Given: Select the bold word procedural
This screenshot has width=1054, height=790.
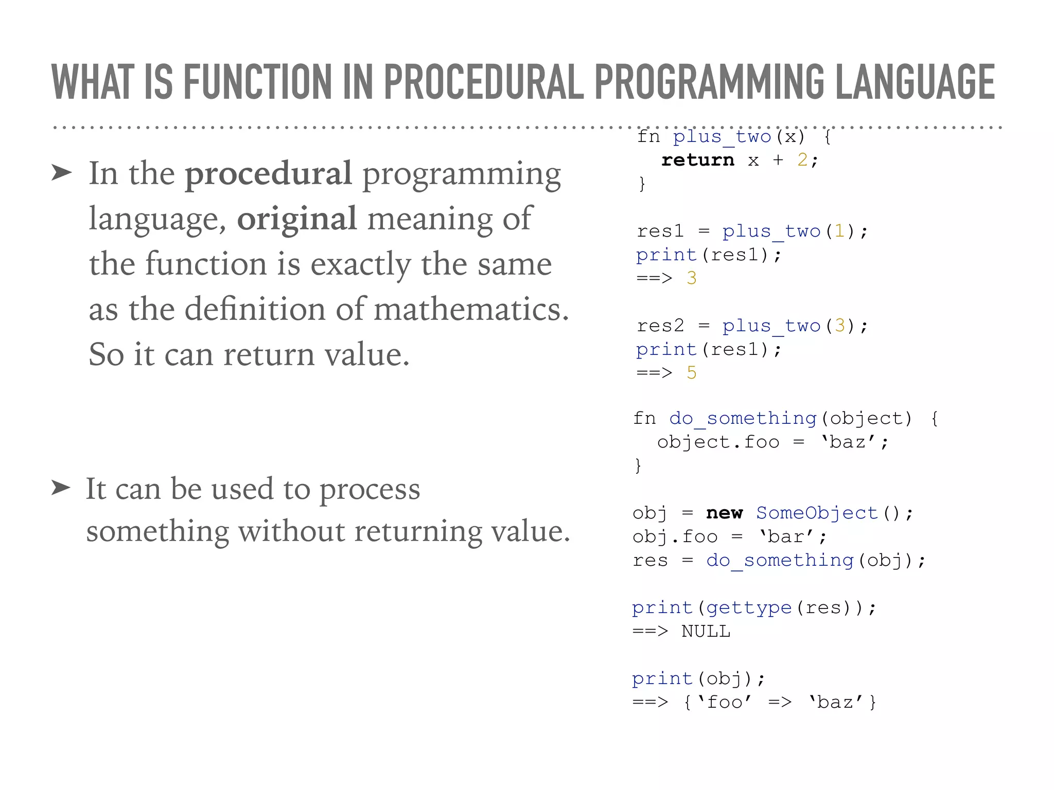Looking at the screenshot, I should pos(268,174).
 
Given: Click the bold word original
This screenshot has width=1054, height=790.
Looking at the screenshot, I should pos(296,219).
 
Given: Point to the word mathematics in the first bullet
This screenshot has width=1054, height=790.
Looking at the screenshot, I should pos(471,310).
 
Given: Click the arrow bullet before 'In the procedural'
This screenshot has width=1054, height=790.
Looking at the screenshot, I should pos(61,173).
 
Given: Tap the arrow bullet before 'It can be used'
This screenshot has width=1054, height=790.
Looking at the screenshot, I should pos(61,487).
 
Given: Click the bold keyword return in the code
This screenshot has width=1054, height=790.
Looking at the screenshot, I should pos(697,160).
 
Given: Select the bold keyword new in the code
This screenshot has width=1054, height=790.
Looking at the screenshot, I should pos(724,513).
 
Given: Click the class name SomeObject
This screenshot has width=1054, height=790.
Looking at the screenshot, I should pos(817,513).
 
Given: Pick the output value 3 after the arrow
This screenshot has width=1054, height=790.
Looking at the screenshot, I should pos(691,278).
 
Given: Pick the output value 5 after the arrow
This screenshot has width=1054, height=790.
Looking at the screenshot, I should pos(691,373).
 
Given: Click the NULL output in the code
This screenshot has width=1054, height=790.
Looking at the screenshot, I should pos(706,631).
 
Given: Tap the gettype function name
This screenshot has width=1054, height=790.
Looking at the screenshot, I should pos(749,607).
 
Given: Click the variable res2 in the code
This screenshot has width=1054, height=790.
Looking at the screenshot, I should pos(660,326).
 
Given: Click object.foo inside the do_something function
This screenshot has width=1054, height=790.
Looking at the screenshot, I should pos(718,442).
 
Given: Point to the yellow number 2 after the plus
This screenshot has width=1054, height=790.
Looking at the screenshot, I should pos(802,160).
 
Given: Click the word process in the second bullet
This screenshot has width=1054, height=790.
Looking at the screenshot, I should pos(370,490).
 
